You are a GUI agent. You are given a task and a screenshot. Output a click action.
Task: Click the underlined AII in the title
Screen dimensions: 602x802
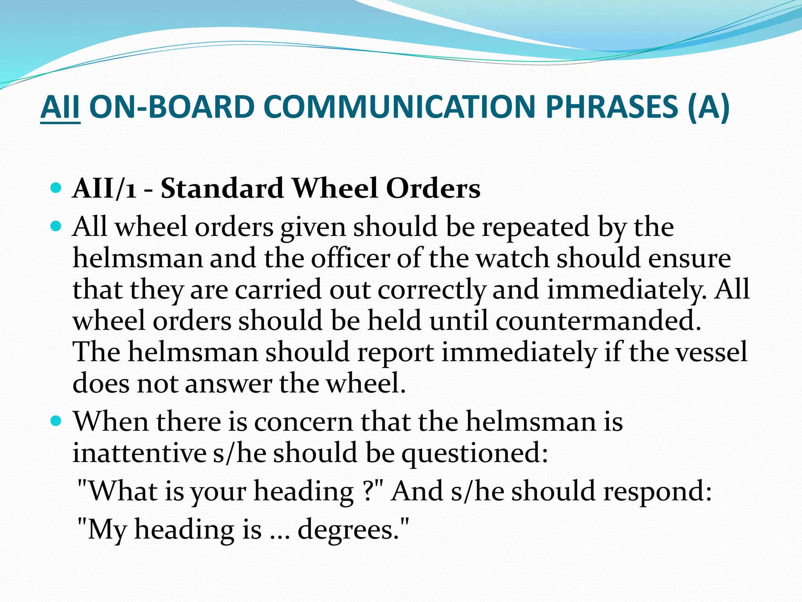click(60, 107)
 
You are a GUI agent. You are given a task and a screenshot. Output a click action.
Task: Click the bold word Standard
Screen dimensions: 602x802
click(222, 189)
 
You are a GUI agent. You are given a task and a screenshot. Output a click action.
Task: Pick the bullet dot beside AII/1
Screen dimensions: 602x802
click(56, 188)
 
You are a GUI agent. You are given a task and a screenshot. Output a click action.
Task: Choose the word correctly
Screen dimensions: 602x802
click(431, 290)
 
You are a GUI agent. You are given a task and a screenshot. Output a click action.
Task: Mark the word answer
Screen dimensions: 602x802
click(228, 383)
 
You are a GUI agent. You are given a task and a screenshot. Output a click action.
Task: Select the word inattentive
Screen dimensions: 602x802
click(139, 453)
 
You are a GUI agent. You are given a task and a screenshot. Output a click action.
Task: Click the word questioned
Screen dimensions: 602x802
click(474, 453)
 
